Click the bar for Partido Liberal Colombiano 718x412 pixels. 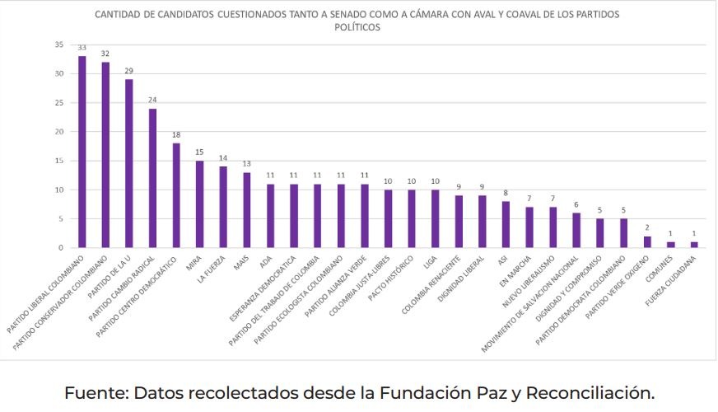(x=82, y=152)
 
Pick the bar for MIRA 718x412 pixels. (x=199, y=204)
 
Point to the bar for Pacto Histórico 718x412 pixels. (x=411, y=219)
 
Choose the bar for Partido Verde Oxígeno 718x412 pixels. (x=646, y=242)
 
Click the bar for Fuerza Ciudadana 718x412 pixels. (x=693, y=245)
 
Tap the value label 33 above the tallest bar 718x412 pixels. (x=82, y=48)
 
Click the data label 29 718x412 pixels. (x=129, y=71)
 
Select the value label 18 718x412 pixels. (x=176, y=134)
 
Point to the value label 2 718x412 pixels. (x=646, y=227)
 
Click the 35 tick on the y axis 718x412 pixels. (x=59, y=44)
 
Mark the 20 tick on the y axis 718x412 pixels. (x=59, y=132)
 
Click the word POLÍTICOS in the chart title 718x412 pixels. (x=357, y=27)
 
